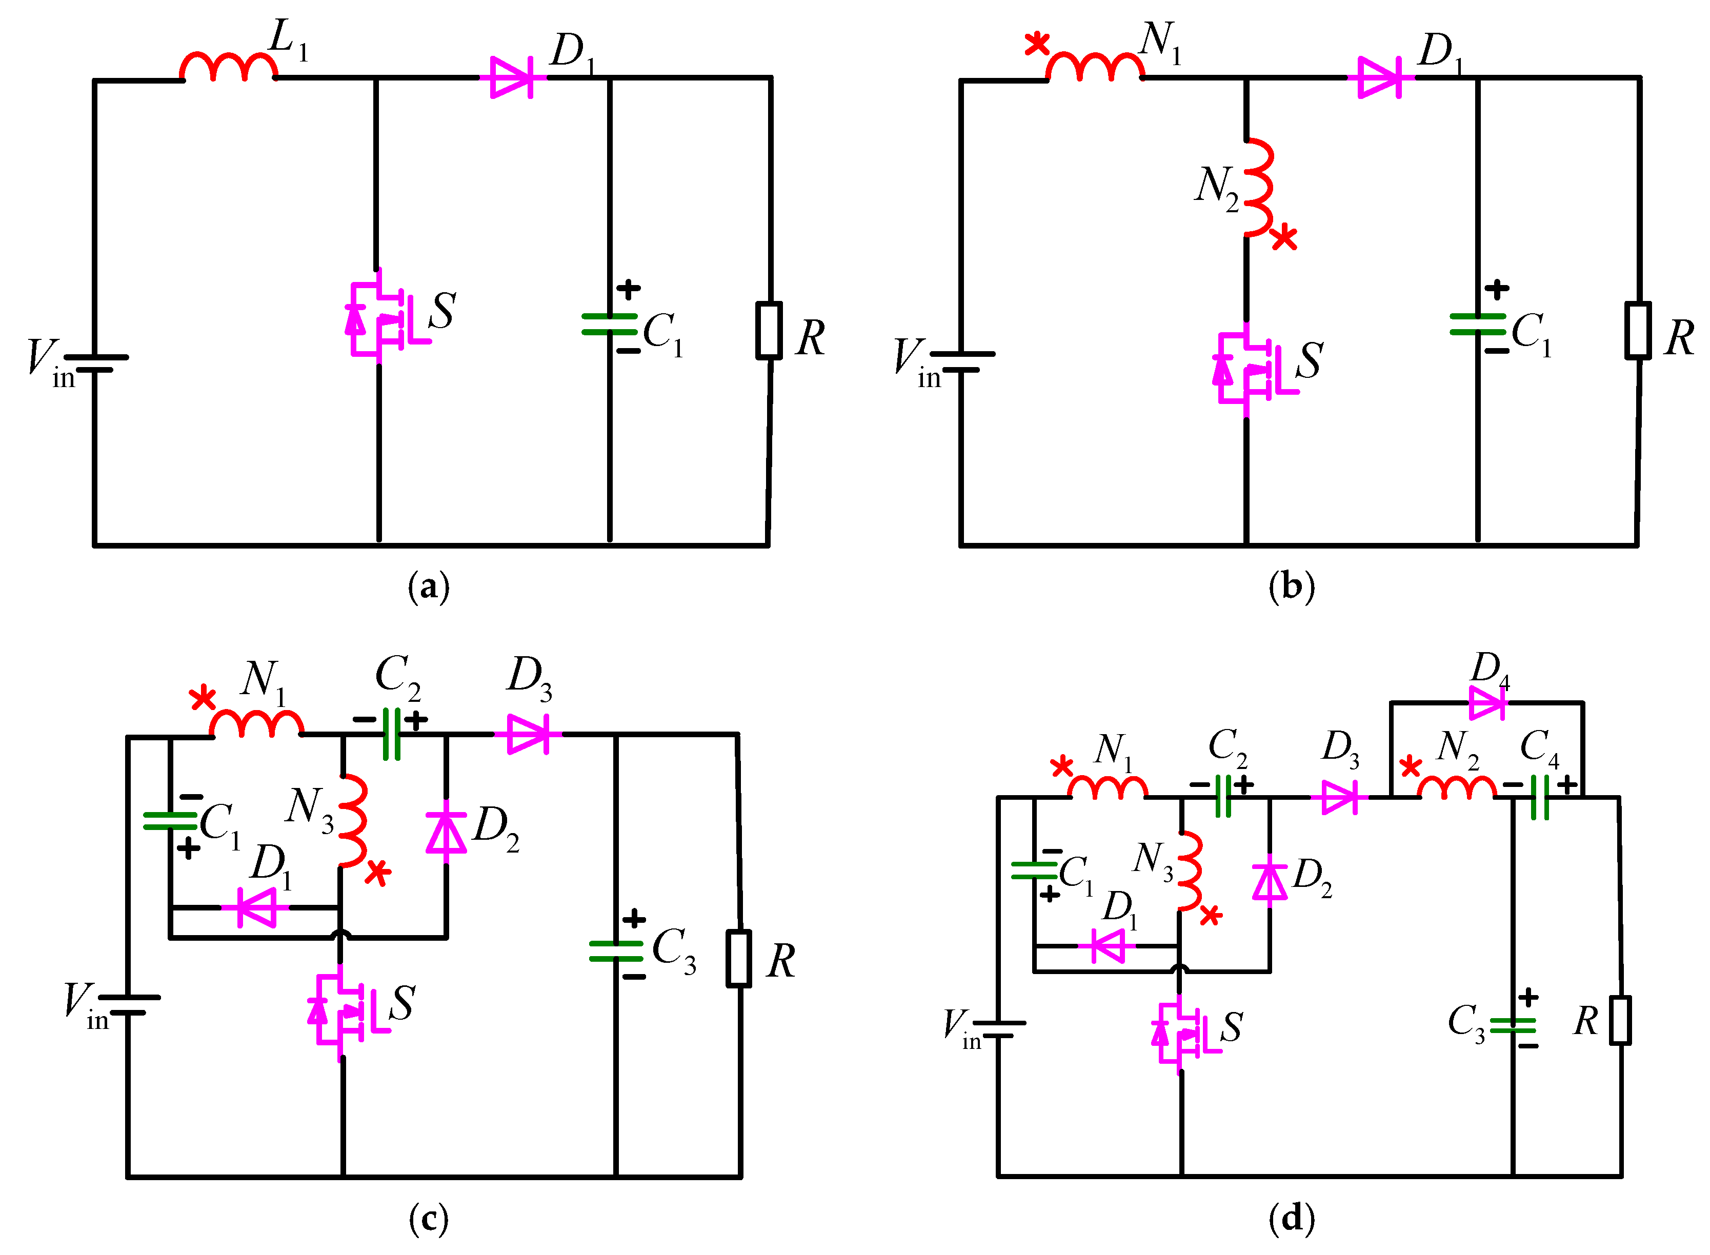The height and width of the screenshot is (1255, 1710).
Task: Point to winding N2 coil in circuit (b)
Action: point(1257,188)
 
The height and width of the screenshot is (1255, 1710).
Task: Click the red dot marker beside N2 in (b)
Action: point(1284,238)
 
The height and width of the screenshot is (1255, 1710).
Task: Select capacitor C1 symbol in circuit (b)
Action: point(1478,325)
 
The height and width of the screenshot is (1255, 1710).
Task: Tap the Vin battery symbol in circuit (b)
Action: point(962,361)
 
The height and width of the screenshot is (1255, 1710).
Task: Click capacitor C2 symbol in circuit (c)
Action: point(392,734)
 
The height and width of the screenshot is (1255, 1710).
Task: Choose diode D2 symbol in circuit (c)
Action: point(446,834)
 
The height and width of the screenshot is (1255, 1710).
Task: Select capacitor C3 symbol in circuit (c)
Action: point(616,951)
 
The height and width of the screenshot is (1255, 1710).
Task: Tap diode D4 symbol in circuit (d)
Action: point(1486,703)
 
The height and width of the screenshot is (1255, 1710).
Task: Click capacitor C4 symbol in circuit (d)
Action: point(1540,797)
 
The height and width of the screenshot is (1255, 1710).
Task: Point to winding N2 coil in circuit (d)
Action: point(1456,788)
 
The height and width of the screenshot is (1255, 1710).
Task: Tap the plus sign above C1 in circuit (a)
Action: point(628,289)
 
